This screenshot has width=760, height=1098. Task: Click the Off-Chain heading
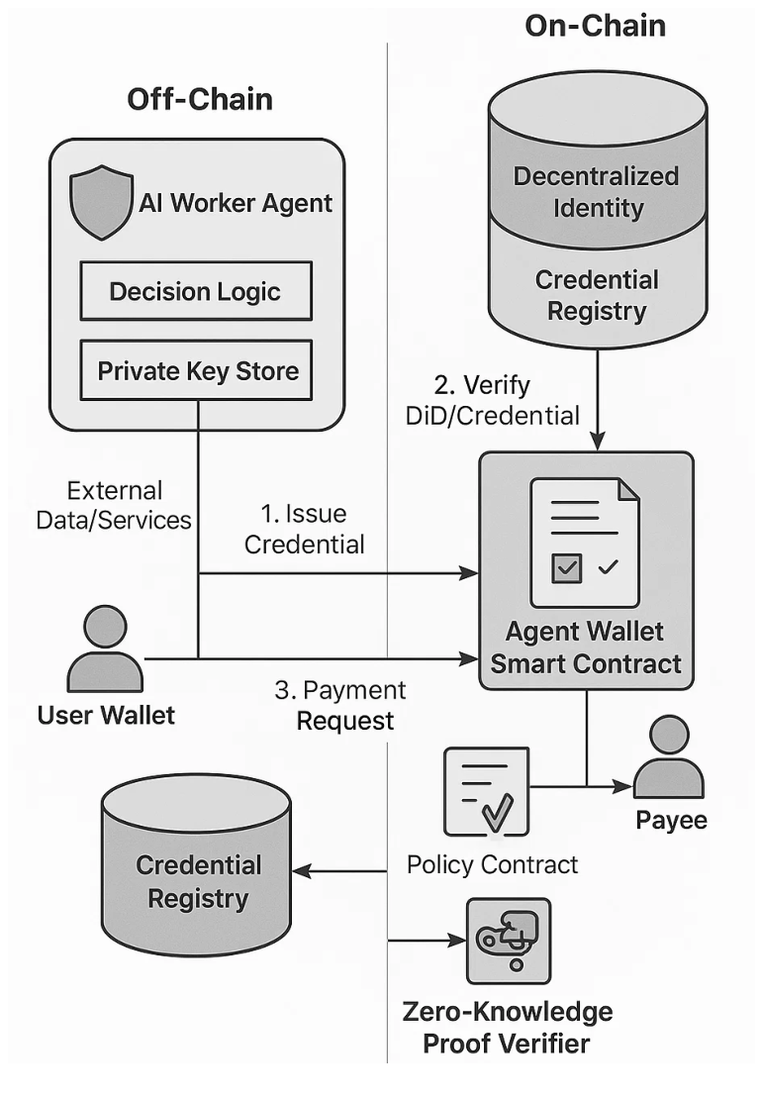click(x=200, y=99)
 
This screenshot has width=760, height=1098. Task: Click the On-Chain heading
click(x=595, y=26)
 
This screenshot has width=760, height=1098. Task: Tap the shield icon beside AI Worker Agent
click(x=102, y=202)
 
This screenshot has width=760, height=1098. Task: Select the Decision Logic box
click(x=196, y=291)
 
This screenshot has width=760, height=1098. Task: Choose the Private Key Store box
click(x=196, y=370)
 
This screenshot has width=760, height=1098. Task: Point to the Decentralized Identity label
click(x=597, y=192)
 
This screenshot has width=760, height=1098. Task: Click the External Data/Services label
click(x=114, y=505)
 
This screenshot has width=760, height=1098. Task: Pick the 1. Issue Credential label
click(x=305, y=529)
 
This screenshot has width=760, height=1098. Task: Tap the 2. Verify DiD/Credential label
click(x=493, y=400)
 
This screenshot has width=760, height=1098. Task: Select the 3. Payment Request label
click(x=340, y=705)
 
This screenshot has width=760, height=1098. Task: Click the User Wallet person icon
click(x=105, y=649)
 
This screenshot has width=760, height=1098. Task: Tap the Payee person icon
click(x=669, y=756)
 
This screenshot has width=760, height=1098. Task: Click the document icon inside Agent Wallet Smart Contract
click(x=585, y=543)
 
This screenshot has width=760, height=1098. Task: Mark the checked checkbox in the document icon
click(x=566, y=568)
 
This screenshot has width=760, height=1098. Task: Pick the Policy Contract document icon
click(x=487, y=791)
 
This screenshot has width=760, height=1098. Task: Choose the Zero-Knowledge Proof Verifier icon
click(x=509, y=942)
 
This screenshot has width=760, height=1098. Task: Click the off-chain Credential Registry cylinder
click(x=197, y=864)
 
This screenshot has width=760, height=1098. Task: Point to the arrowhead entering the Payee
click(x=622, y=786)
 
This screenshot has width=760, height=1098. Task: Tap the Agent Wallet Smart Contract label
click(x=585, y=648)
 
